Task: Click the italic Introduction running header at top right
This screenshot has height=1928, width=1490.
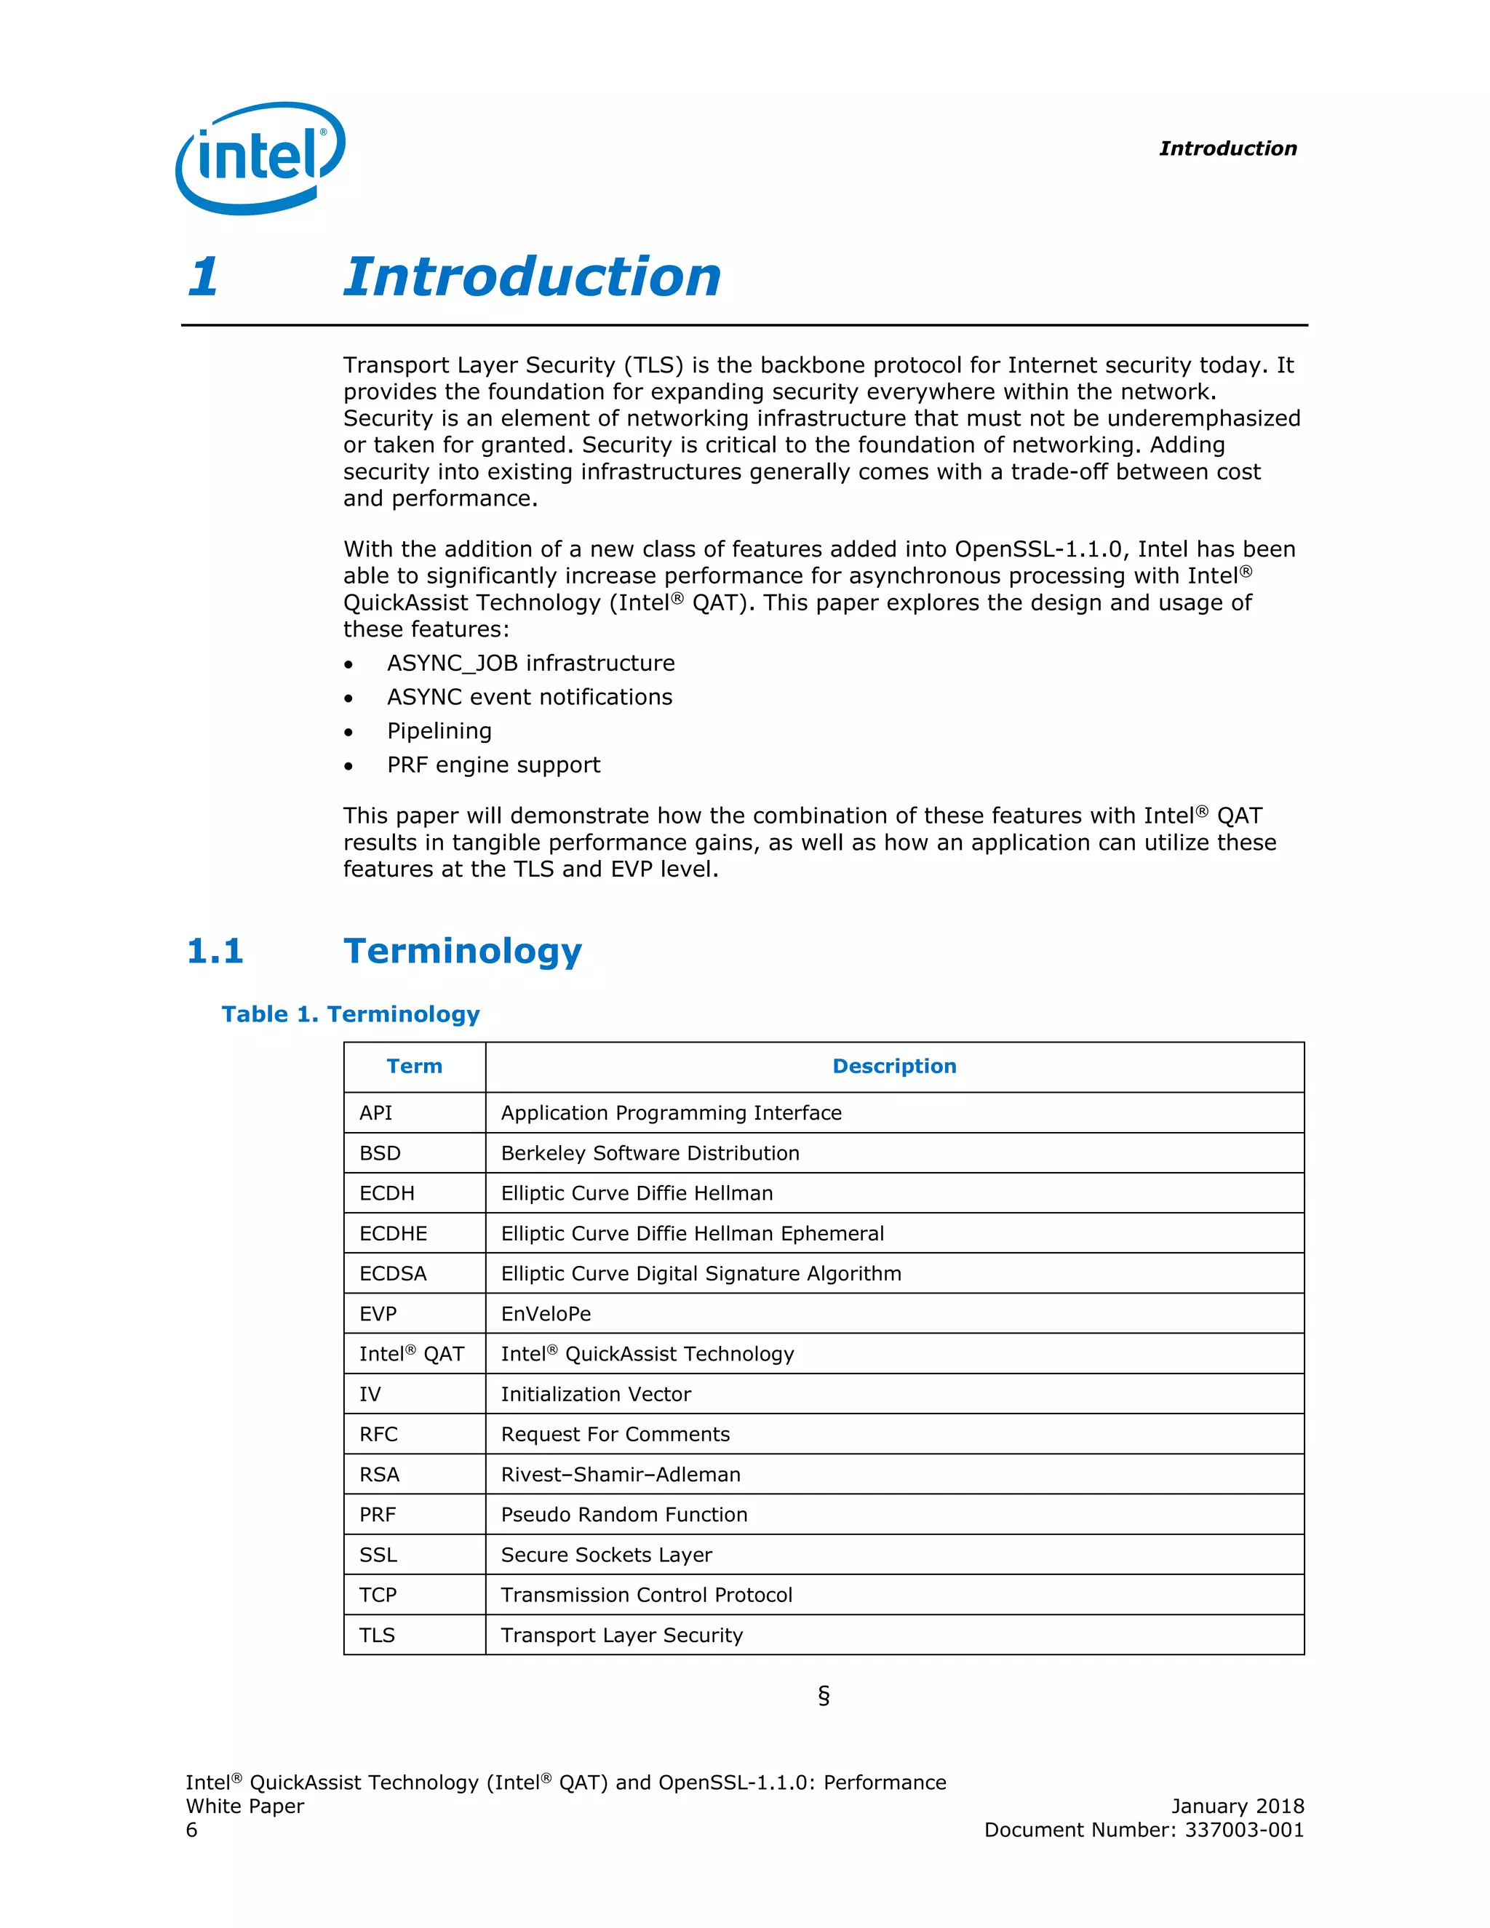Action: [x=1227, y=148]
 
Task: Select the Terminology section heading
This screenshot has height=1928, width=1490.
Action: [x=463, y=951]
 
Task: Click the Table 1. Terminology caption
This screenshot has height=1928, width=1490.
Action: [x=351, y=1013]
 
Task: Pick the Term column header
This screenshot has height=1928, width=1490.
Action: [x=414, y=1066]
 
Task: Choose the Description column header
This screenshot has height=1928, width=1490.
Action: [x=893, y=1066]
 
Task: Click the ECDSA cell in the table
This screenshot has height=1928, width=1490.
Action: [x=393, y=1273]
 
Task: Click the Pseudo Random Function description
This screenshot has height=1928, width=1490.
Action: [x=624, y=1514]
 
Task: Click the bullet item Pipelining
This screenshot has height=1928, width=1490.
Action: [x=439, y=731]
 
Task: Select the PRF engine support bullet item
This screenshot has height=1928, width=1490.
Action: [x=493, y=765]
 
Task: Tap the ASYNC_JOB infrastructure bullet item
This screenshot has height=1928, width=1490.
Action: [x=530, y=663]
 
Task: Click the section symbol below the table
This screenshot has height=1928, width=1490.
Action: [x=823, y=1695]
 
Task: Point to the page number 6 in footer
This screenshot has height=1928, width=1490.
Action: [x=191, y=1830]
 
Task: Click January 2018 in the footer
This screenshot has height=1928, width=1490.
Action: [x=1237, y=1806]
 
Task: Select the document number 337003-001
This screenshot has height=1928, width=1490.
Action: [x=1243, y=1830]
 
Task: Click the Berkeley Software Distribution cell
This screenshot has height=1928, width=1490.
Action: [x=650, y=1153]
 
